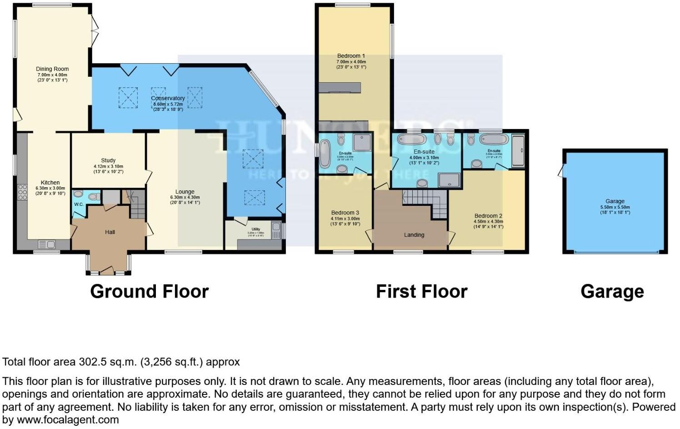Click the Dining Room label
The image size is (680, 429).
(52, 69)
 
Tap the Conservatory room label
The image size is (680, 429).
(168, 98)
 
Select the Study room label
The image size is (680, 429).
(108, 160)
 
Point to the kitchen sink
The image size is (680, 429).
(47, 244)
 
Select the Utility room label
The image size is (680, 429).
(255, 229)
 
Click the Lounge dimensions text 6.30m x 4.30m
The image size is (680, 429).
(185, 197)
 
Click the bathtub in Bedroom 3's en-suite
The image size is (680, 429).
(325, 154)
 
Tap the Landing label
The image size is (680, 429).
(414, 235)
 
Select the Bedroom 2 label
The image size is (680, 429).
(488, 216)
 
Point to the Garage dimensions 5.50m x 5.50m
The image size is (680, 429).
(615, 207)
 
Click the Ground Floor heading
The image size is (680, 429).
(149, 291)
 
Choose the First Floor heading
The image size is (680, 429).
(421, 291)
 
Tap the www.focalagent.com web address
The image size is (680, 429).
(68, 420)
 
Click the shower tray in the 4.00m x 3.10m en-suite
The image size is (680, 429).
(449, 180)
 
